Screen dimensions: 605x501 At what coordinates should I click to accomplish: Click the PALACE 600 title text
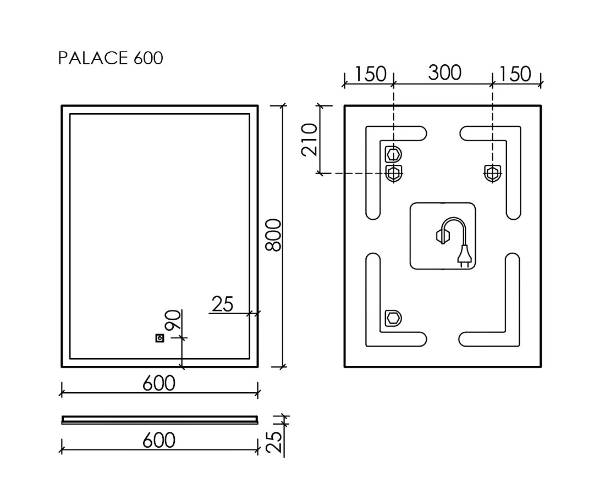click(x=111, y=58)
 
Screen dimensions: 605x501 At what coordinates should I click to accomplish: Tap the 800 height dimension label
click(x=274, y=235)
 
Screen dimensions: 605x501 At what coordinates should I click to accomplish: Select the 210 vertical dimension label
click(x=310, y=140)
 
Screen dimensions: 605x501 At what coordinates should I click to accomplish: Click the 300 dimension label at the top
click(x=444, y=73)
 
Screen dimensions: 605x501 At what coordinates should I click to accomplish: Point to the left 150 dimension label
click(x=370, y=74)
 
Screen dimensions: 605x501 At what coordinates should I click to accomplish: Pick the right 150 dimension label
click(x=515, y=74)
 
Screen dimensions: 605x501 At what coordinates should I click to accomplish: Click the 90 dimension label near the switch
click(x=173, y=320)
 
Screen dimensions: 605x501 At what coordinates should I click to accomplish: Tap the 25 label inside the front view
click(x=223, y=304)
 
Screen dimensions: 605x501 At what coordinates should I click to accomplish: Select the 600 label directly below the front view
click(x=159, y=383)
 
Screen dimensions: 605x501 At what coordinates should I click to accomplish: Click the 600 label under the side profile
click(x=159, y=440)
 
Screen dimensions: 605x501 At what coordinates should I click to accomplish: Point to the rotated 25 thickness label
click(x=274, y=442)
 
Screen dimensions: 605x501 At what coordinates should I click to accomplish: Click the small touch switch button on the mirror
click(x=159, y=338)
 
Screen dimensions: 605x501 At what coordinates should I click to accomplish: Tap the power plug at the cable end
click(x=464, y=258)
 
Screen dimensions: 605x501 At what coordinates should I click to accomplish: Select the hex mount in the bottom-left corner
click(x=394, y=319)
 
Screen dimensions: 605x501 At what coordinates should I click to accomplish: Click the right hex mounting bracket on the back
click(x=492, y=173)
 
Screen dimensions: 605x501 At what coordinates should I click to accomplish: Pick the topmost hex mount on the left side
click(x=394, y=154)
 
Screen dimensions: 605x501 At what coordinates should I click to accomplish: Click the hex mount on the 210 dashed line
click(x=394, y=173)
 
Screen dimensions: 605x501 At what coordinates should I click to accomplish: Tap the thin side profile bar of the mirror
click(x=159, y=420)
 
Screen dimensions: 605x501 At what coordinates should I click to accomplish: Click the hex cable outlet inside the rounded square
click(x=441, y=236)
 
